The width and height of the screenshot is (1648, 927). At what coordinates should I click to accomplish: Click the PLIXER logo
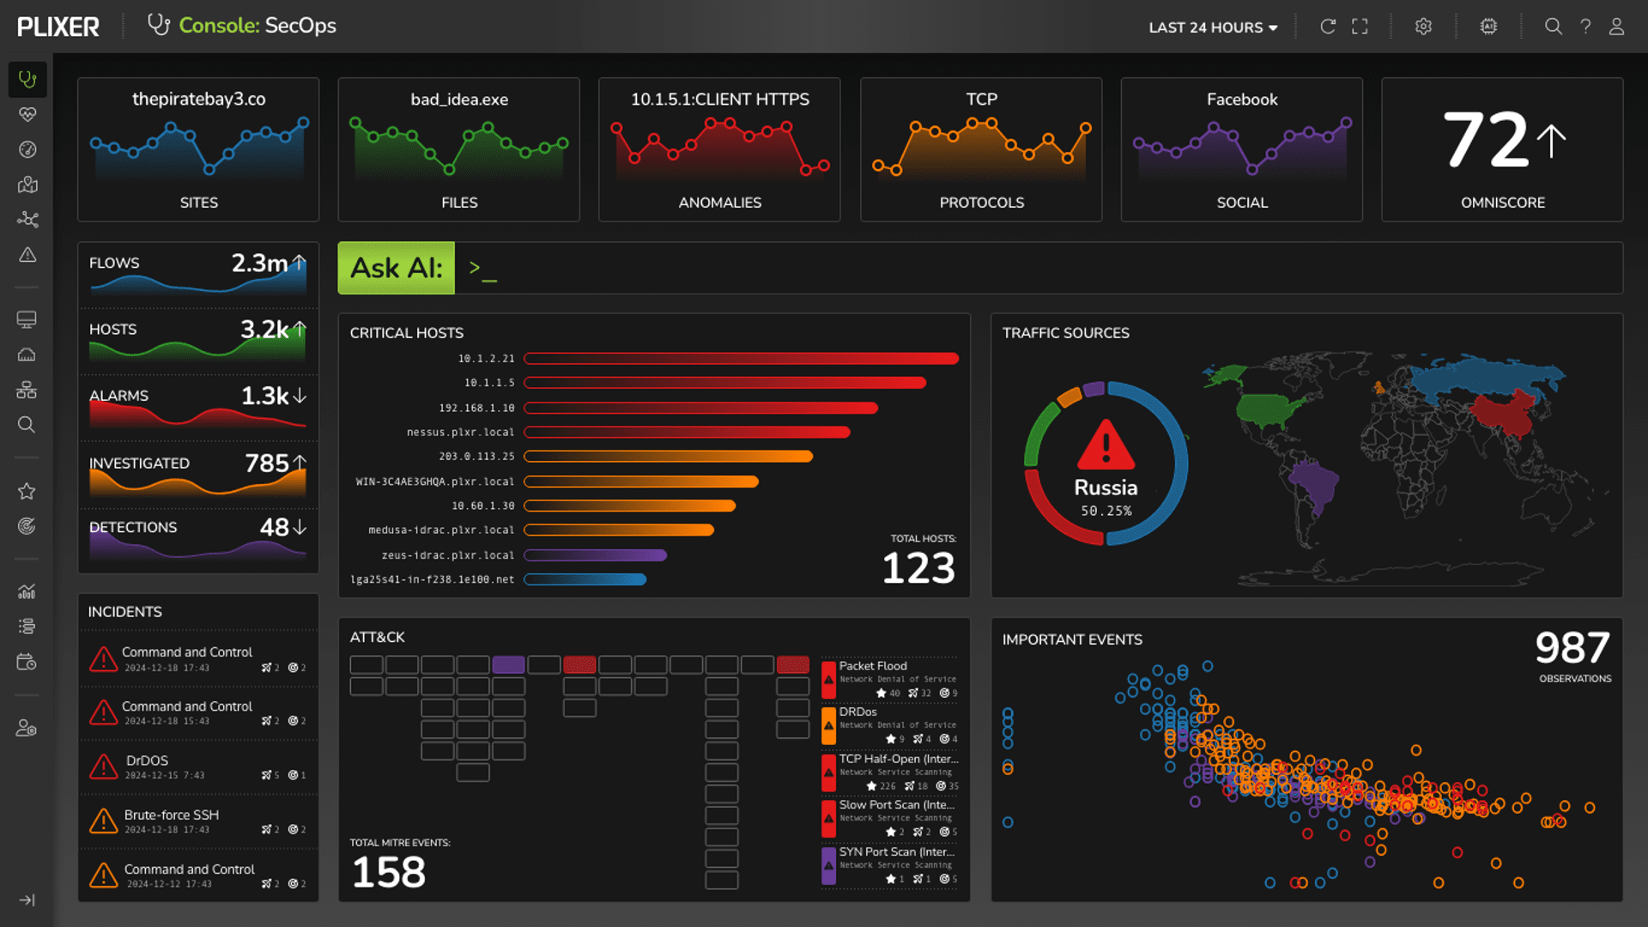tap(58, 27)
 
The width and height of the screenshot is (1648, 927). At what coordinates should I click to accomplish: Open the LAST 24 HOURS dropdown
tap(1212, 27)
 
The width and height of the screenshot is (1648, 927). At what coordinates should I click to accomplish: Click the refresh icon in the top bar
tap(1327, 27)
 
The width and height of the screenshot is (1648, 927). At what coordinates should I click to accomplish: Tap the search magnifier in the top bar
tap(1553, 27)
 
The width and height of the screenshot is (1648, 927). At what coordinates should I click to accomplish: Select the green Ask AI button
tap(396, 269)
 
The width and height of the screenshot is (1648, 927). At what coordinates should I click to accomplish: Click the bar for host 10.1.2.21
tap(740, 359)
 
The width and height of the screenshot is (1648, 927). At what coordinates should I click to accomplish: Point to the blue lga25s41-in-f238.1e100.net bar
tap(585, 579)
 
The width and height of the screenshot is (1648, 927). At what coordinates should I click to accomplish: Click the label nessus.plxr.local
tap(460, 433)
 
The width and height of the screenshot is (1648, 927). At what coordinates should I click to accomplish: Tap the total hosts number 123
tap(918, 568)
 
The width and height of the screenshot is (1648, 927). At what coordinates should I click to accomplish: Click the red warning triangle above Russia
tap(1106, 445)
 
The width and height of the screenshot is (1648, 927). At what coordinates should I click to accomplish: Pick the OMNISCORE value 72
tap(1486, 140)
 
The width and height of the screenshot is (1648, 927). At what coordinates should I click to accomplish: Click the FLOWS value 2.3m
tap(259, 264)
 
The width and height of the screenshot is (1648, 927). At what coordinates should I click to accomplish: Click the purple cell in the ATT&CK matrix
tap(508, 664)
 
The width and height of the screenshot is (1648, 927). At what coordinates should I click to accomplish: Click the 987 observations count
tap(1572, 648)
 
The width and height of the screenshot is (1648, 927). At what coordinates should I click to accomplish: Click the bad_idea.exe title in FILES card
tap(459, 100)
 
